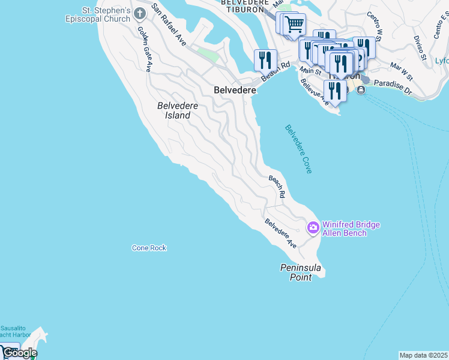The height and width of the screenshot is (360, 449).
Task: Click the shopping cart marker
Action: pyautogui.click(x=294, y=25)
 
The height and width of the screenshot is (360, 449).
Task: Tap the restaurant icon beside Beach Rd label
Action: pyautogui.click(x=265, y=60)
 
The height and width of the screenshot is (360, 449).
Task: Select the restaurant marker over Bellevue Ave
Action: pyautogui.click(x=335, y=91)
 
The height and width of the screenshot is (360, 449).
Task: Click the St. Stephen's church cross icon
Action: pyautogui.click(x=140, y=13)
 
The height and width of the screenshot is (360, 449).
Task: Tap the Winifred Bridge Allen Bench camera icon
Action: pyautogui.click(x=313, y=227)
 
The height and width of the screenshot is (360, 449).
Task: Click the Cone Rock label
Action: pyautogui.click(x=149, y=248)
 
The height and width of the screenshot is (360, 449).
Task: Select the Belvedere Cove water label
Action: pyautogui.click(x=298, y=149)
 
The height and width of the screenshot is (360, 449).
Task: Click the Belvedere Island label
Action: pyautogui.click(x=178, y=110)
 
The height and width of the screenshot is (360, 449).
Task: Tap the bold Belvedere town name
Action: pyautogui.click(x=235, y=89)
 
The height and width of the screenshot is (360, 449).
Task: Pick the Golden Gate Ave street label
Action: pyautogui.click(x=143, y=49)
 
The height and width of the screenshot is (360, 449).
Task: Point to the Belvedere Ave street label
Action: pyautogui.click(x=281, y=233)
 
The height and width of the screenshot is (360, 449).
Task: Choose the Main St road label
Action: pyautogui.click(x=310, y=71)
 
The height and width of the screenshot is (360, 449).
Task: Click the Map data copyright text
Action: pyautogui.click(x=424, y=355)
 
